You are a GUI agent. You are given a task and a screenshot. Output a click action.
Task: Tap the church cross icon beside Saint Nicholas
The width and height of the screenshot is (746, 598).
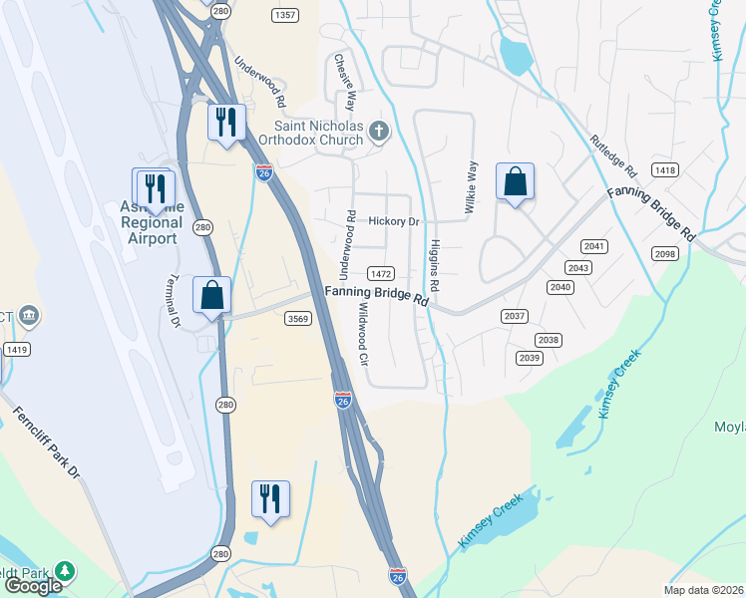378,131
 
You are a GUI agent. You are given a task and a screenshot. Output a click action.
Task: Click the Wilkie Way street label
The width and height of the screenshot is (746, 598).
470,187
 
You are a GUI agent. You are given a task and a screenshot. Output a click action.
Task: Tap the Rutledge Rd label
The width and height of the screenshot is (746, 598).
612,153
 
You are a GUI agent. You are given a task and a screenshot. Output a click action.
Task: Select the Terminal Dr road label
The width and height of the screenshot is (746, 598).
174,300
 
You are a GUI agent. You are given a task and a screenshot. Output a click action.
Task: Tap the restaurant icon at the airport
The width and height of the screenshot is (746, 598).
154,187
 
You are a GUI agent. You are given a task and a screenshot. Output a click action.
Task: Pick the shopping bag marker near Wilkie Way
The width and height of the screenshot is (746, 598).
515,182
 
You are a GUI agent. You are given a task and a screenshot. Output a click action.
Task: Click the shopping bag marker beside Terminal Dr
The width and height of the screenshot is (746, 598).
211,295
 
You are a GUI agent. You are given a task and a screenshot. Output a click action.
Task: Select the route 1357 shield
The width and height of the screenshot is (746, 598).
284,15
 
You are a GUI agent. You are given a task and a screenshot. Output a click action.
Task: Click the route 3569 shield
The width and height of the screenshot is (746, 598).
297,318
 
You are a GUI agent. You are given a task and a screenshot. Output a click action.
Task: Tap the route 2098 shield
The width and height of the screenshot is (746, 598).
665,254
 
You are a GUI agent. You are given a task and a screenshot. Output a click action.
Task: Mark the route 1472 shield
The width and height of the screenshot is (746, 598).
381,273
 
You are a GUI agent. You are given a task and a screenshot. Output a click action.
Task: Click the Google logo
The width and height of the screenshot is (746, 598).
33,586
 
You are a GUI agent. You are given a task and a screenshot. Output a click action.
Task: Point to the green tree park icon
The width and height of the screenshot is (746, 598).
65,571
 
